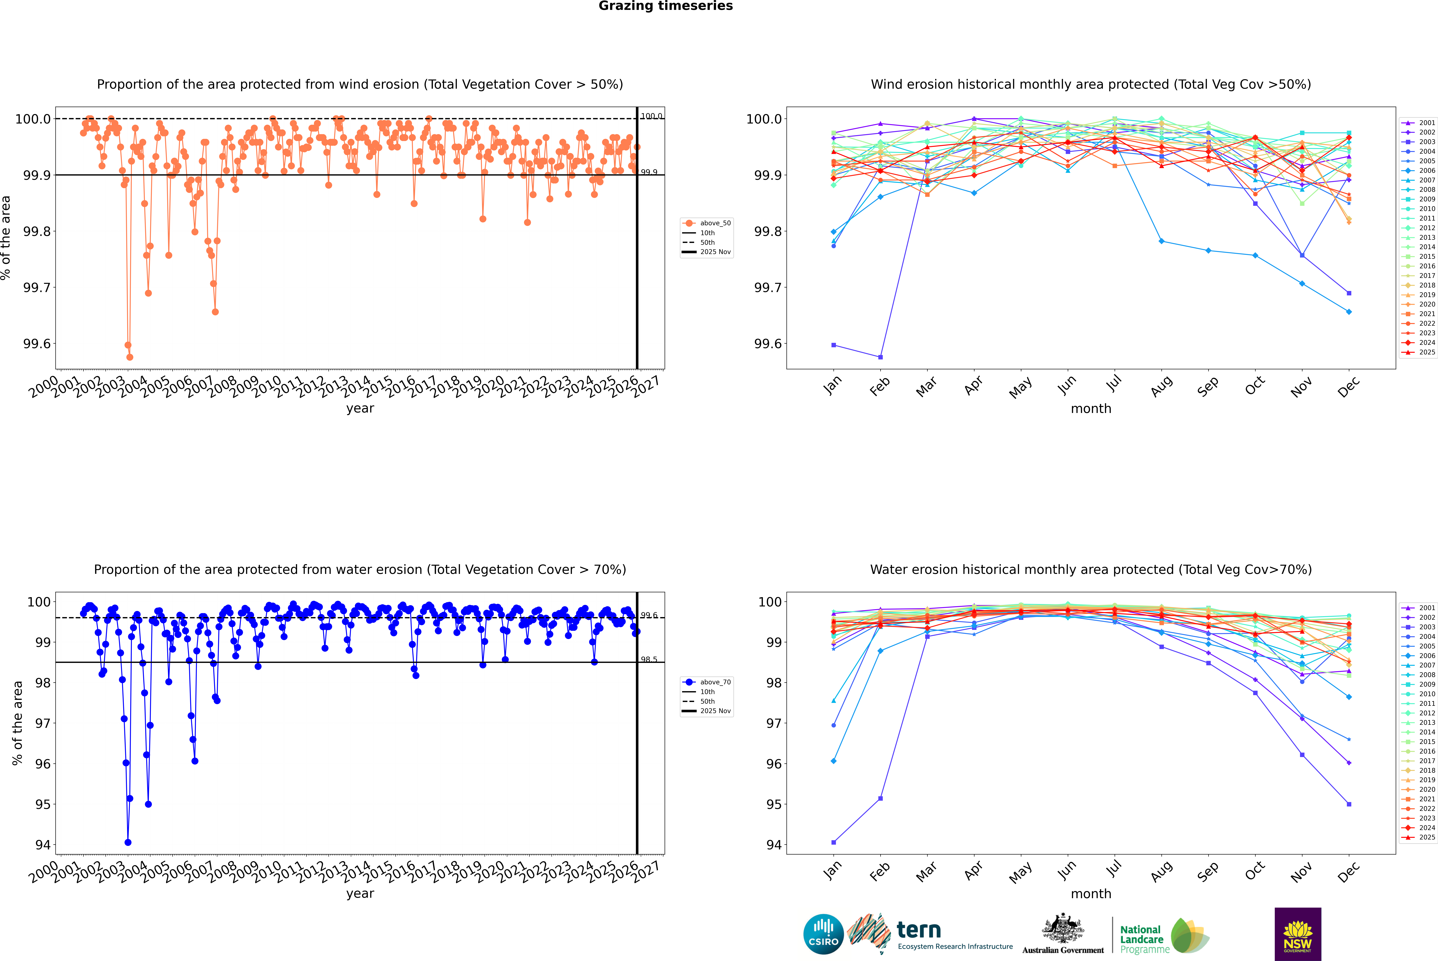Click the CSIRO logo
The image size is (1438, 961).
coord(823,934)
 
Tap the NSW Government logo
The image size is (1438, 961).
coord(1298,934)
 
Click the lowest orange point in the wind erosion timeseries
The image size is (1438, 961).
coord(129,357)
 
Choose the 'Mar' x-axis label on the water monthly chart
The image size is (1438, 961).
coord(926,871)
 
